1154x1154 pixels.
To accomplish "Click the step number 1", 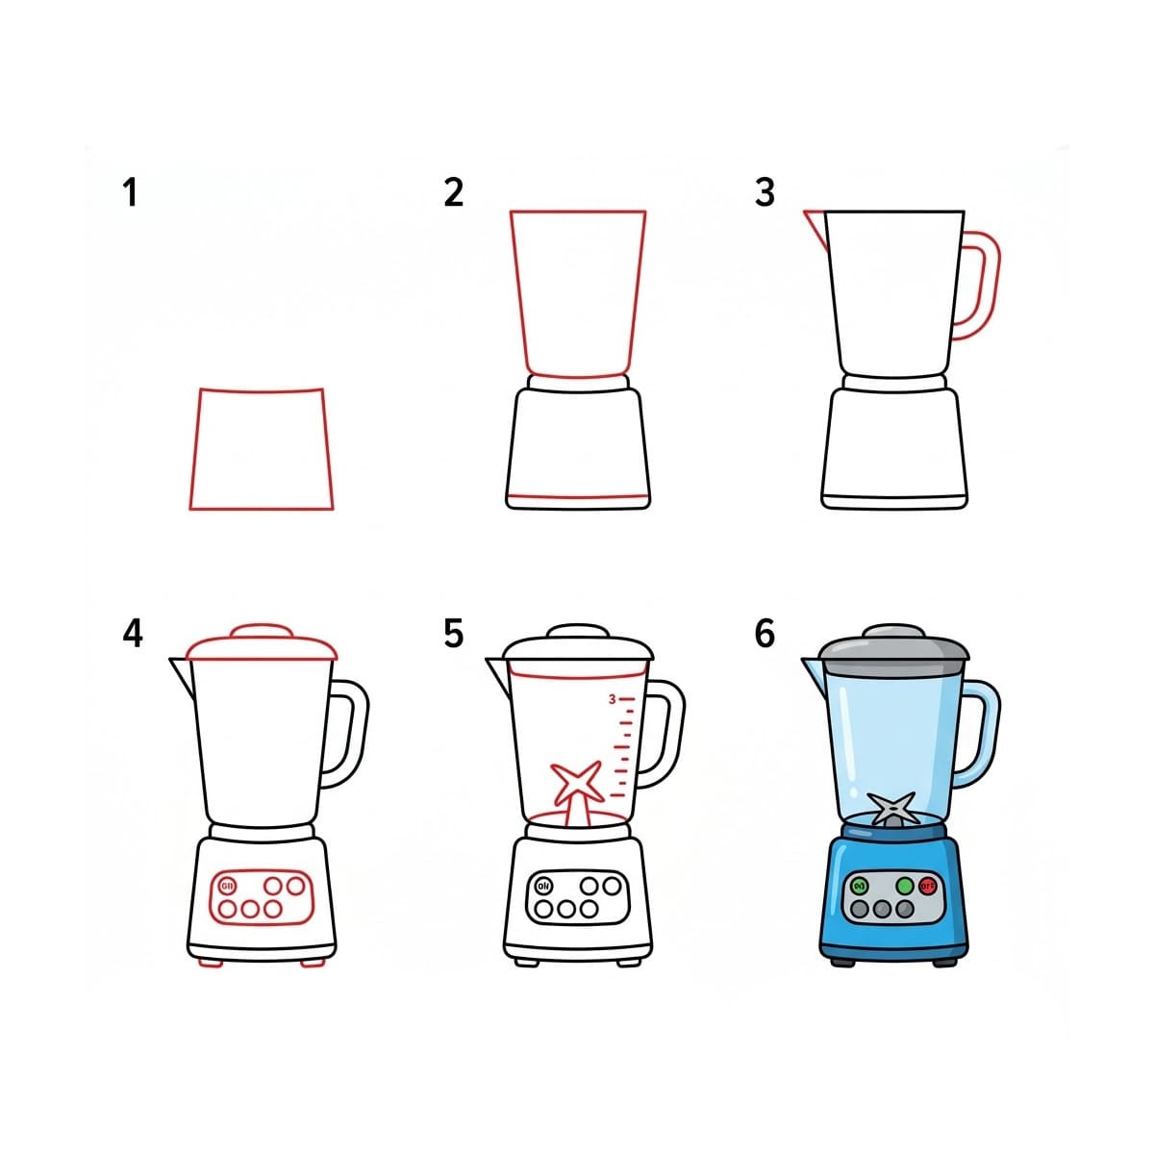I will tap(130, 192).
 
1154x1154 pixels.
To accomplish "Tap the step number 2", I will tap(454, 192).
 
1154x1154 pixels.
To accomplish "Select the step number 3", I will tap(765, 192).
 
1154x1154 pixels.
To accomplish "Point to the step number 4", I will tap(133, 634).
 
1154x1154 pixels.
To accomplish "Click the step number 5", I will tap(454, 634).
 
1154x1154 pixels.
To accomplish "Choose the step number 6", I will tap(765, 634).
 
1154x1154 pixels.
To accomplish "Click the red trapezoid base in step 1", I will tap(261, 449).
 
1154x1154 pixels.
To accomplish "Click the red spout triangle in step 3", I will tap(816, 225).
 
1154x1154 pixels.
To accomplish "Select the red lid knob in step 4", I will tap(262, 631).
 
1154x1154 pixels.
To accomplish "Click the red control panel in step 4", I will tap(261, 896).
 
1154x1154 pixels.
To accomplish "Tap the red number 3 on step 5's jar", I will tap(612, 699).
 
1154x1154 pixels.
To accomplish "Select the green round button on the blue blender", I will tap(904, 886).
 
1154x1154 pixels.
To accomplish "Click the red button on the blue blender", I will tap(927, 886).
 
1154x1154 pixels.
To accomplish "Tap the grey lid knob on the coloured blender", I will tap(893, 632).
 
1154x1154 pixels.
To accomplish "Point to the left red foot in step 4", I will tap(211, 962).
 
